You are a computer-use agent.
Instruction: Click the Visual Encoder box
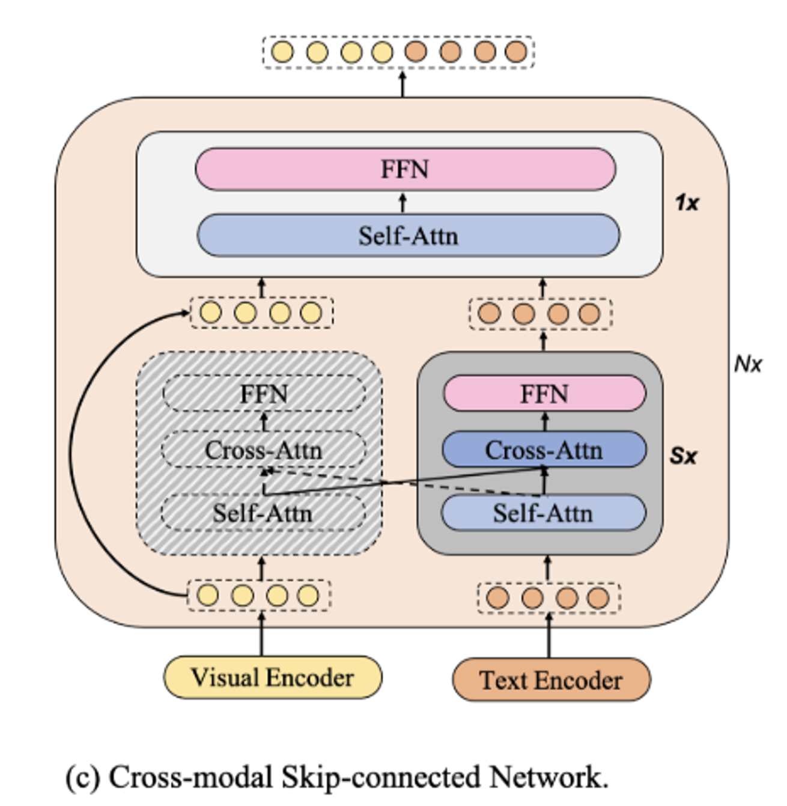273,677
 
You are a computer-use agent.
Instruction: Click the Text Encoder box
551,680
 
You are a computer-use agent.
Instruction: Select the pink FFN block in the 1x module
406,169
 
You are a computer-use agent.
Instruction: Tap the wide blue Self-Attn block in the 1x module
409,235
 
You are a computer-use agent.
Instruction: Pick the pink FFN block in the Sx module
544,394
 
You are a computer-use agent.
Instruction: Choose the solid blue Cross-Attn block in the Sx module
544,450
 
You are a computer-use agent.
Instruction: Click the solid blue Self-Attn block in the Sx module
543,513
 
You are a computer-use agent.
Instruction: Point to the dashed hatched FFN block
264,394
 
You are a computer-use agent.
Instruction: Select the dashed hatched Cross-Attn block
264,450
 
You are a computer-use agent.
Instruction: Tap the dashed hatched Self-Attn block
263,513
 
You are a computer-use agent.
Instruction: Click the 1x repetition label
686,203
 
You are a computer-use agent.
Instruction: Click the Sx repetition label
683,456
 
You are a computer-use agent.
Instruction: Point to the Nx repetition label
747,364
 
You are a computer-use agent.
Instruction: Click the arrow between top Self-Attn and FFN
403,203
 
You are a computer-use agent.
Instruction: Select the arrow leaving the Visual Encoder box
261,634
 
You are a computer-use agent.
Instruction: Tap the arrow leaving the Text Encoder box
548,636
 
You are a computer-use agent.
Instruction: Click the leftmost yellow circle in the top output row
282,52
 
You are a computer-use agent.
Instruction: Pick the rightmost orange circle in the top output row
515,52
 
